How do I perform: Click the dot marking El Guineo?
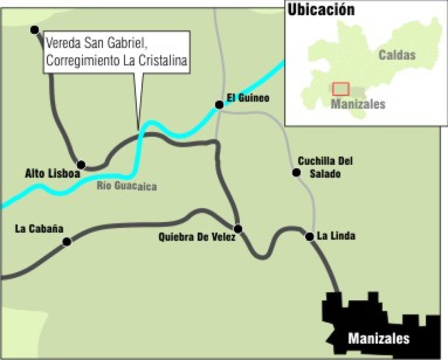(x=219, y=105)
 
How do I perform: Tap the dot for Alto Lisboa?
(x=81, y=165)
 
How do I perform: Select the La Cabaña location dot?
(x=67, y=242)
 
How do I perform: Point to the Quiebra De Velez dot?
(x=238, y=229)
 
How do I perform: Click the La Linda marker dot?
(x=310, y=236)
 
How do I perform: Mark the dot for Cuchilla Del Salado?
(x=296, y=173)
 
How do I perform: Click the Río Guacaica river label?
(x=127, y=186)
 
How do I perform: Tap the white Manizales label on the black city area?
(x=378, y=339)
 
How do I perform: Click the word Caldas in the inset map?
(x=397, y=55)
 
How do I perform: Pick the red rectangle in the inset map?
(x=340, y=89)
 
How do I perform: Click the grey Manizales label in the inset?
(x=358, y=104)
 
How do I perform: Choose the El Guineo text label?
(x=247, y=99)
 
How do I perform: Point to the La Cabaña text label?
(x=39, y=229)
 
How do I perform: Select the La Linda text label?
(x=336, y=236)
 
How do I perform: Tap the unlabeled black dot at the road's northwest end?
(x=34, y=30)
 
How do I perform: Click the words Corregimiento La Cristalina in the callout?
(x=117, y=61)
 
